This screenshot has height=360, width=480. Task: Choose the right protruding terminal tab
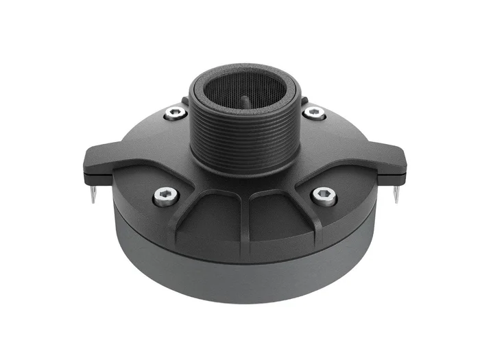click(x=392, y=161)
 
